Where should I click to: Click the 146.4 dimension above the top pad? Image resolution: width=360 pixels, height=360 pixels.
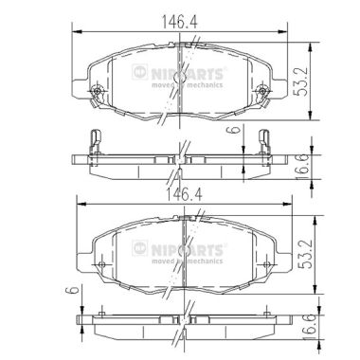tap(179, 22)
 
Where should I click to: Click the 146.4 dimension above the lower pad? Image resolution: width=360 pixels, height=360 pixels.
tap(184, 195)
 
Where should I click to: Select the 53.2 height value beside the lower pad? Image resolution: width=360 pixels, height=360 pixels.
tap(305, 254)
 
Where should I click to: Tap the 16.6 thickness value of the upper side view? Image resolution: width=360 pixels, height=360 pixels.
tap(301, 168)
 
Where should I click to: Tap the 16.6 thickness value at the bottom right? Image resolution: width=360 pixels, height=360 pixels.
tap(310, 328)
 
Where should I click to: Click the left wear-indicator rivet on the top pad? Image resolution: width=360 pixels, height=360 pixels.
tap(98, 92)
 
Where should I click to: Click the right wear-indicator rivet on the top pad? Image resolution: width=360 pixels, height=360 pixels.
tap(261, 92)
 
